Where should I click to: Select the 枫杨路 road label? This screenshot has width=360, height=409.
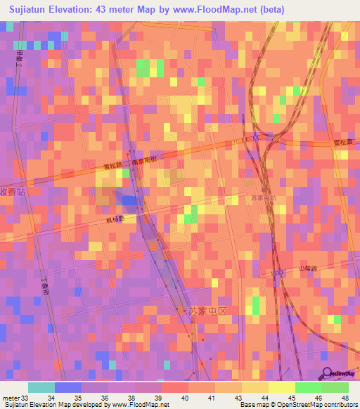coord(115,219)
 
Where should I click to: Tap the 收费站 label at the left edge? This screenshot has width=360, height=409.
coord(13,190)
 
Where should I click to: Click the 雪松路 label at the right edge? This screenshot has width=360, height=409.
coord(342,143)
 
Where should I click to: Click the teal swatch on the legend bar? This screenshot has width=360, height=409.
coord(41,387)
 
